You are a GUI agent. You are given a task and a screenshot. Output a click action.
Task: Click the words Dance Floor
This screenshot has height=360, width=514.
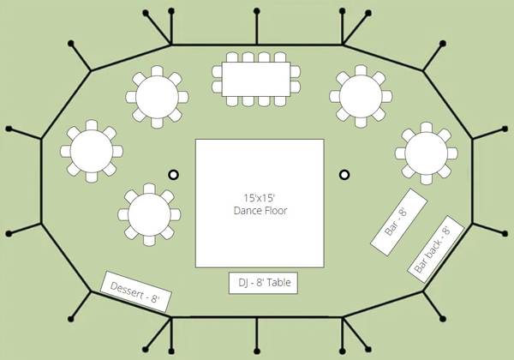tap(260, 211)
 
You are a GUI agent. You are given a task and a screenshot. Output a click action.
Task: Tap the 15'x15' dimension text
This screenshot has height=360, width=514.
tap(259, 198)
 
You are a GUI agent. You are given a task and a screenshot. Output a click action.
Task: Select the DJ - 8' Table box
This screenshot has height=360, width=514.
tap(263, 283)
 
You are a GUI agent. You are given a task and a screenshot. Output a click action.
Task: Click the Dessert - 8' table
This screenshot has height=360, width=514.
tap(135, 291)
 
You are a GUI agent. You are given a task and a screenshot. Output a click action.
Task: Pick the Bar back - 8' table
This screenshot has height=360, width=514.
tap(436, 249)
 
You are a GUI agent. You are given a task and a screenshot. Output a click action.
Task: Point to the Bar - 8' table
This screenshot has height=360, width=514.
tap(398, 222)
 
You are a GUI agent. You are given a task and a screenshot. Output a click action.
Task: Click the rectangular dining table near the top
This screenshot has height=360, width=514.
tap(256, 80)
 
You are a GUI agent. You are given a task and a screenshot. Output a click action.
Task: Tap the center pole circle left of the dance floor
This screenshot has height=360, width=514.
tap(173, 174)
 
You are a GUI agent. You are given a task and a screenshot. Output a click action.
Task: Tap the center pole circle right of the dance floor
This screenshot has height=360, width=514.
tap(344, 174)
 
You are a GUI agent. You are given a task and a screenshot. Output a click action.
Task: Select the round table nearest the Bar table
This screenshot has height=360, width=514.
tap(426, 153)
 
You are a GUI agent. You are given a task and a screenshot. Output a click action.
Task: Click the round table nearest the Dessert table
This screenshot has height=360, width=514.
tap(149, 215)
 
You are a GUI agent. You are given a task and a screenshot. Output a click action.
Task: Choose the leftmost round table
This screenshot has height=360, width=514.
tap(92, 151)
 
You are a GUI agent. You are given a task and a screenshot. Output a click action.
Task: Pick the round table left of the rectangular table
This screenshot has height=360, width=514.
tap(157, 97)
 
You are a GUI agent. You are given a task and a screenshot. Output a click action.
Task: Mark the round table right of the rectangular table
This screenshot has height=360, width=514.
tap(361, 96)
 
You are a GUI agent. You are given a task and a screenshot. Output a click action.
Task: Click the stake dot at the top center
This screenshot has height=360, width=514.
tap(257, 11)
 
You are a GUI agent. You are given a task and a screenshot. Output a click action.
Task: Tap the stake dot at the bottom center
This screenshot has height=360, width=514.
tap(257, 351)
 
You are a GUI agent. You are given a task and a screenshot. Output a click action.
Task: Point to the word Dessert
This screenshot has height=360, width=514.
tap(127, 290)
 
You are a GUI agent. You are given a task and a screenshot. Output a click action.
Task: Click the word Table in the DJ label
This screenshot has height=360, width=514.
tap(278, 283)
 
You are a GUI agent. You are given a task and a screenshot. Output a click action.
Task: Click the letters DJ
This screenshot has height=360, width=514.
tap(243, 283)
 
